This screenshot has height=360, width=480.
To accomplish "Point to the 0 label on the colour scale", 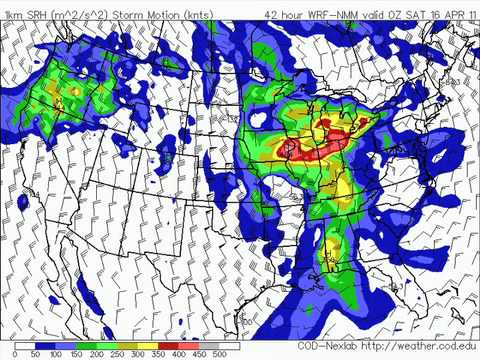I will (15, 354).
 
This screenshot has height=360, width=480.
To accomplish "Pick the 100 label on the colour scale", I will (57, 354).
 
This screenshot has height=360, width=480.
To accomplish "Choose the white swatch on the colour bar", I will (24, 344).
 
